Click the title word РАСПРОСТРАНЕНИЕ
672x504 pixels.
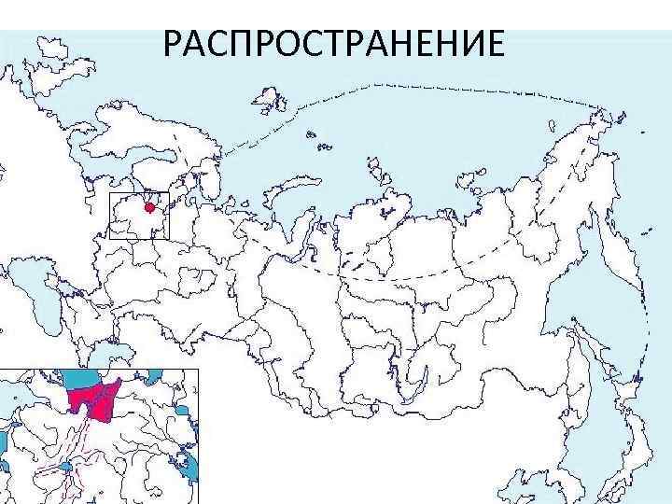[x=333, y=44]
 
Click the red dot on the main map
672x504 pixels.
[x=149, y=207]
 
